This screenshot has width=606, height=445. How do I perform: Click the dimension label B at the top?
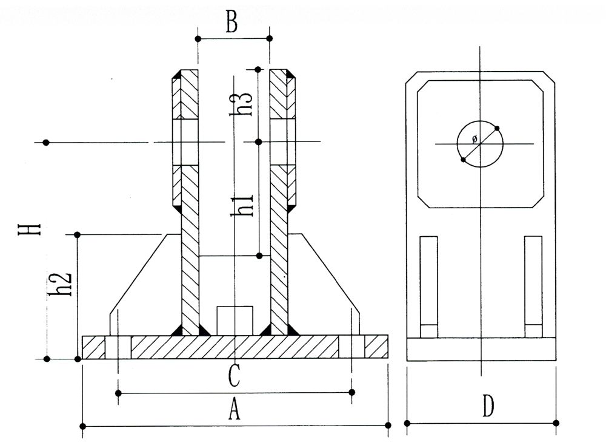[231, 22]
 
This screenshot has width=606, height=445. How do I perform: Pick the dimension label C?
[235, 376]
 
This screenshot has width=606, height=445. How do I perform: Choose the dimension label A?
[235, 412]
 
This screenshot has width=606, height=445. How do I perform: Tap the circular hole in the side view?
[480, 144]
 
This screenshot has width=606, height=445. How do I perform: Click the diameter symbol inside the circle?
[474, 140]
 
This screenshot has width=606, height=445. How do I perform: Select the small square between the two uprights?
[235, 319]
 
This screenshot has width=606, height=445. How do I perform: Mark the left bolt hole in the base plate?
[118, 347]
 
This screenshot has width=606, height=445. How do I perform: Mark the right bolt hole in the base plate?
[352, 347]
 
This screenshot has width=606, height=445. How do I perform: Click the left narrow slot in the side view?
[428, 285]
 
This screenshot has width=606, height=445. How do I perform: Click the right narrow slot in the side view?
[533, 285]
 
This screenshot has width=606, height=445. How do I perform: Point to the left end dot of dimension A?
[82, 427]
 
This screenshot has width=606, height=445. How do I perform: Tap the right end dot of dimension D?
[556, 423]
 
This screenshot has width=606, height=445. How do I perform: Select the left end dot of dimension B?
[198, 38]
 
